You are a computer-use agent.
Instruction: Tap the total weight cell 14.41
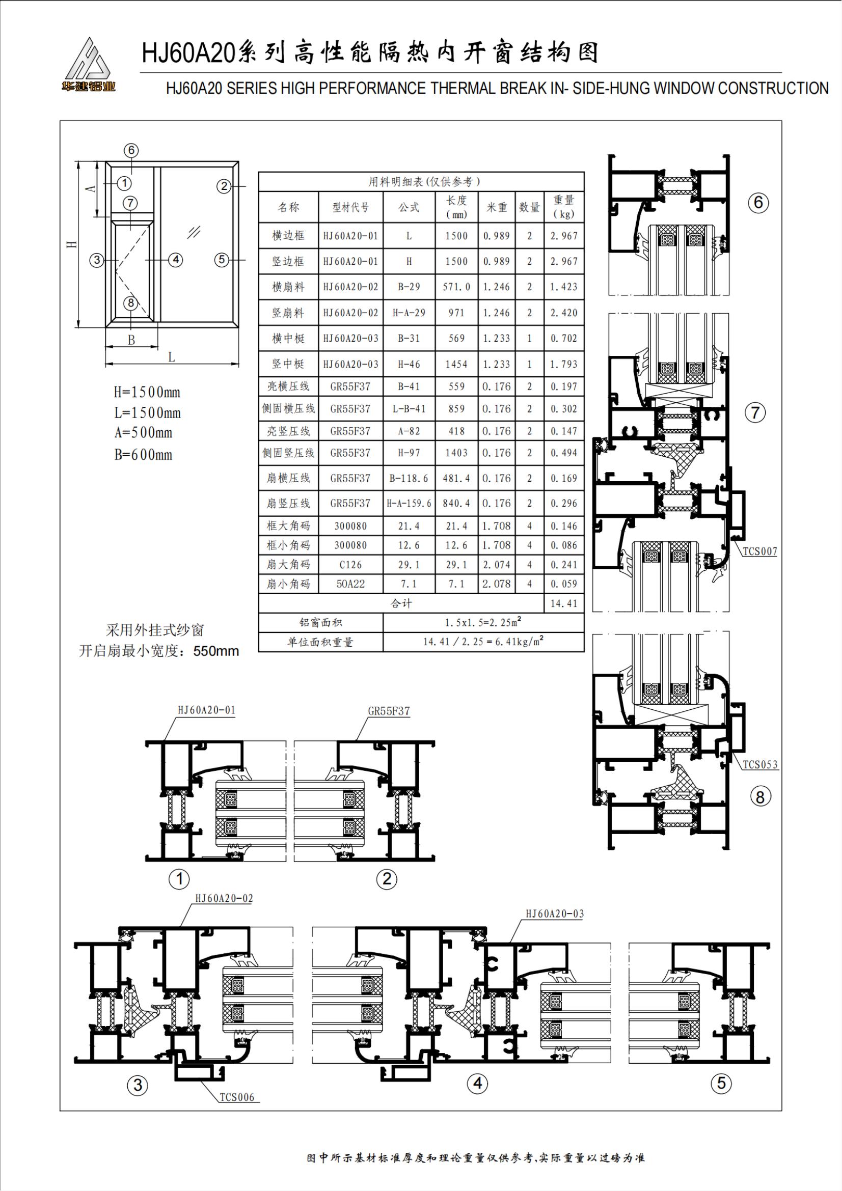click(563, 603)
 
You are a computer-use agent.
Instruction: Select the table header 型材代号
click(350, 207)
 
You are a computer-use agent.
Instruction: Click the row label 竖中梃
click(288, 364)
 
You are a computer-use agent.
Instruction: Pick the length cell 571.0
click(456, 287)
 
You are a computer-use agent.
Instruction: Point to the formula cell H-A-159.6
click(409, 503)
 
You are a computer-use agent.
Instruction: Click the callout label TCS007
click(759, 551)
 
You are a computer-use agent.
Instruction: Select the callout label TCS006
click(237, 1097)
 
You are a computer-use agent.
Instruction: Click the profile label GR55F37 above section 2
click(389, 711)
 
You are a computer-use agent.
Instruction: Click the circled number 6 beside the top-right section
click(758, 202)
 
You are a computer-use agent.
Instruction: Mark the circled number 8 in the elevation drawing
click(131, 303)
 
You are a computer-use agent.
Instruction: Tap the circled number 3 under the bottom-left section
click(138, 1085)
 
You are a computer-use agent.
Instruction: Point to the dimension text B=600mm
click(143, 454)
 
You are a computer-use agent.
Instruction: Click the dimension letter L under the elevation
click(171, 357)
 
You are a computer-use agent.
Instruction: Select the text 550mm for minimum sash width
click(216, 651)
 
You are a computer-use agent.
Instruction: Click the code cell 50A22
click(350, 584)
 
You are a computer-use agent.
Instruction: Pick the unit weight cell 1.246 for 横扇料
click(497, 287)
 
